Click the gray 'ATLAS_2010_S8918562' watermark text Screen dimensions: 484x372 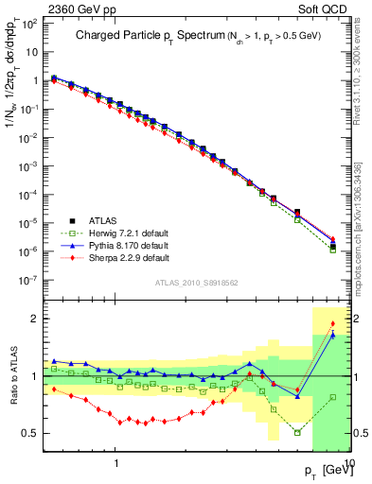(x=197, y=283)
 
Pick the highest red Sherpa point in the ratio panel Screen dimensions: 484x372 (x=332, y=325)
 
